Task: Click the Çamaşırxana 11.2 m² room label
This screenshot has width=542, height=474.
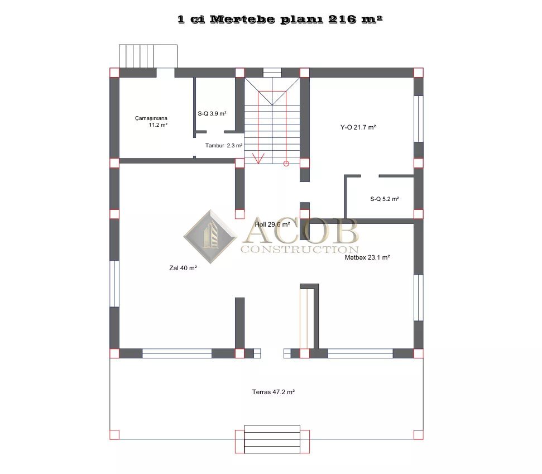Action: (151, 121)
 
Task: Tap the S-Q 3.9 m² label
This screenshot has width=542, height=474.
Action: (212, 113)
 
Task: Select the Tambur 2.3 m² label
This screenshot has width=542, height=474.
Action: (224, 146)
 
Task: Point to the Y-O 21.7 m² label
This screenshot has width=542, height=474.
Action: (358, 127)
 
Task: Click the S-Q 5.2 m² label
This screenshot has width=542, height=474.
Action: (385, 199)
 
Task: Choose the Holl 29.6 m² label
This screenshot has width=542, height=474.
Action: (272, 224)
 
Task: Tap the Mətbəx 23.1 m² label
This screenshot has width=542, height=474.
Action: (367, 257)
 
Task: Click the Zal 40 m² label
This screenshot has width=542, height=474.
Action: (183, 268)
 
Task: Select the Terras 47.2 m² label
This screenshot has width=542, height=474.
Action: (273, 392)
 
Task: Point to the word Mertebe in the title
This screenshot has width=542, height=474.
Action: (242, 20)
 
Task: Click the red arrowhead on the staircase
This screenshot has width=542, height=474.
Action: (258, 159)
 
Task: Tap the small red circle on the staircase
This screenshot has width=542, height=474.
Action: (286, 164)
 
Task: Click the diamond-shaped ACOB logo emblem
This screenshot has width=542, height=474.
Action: (210, 237)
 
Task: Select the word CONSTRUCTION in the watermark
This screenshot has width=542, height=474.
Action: (300, 249)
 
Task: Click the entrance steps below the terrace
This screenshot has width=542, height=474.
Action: (272, 439)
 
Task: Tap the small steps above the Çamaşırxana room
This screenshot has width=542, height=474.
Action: (148, 56)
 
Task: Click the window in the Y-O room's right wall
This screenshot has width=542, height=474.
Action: (419, 118)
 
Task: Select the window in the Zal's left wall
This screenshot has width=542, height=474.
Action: (114, 284)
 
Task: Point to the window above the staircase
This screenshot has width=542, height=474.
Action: (272, 72)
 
